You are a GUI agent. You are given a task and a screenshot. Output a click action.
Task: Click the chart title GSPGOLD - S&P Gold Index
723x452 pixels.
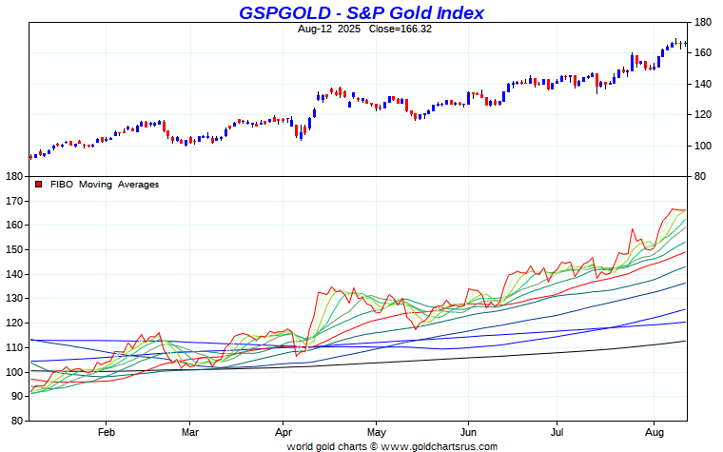coord(361,12)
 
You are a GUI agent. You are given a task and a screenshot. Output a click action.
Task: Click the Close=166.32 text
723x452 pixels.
coord(390,29)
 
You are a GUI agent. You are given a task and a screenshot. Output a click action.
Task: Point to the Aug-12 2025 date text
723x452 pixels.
coord(326,29)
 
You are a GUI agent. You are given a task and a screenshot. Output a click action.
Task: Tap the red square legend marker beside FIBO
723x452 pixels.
coord(38,185)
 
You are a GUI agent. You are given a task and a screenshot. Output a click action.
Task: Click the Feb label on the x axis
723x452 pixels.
coord(105,430)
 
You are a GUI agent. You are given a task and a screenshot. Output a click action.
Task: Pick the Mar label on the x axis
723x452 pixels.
coord(189,430)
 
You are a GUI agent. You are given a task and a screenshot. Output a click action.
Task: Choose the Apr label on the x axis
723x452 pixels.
coord(283,430)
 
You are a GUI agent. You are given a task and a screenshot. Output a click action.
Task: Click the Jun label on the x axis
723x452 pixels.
coord(468,430)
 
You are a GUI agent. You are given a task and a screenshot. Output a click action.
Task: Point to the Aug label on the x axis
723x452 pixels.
coord(655,430)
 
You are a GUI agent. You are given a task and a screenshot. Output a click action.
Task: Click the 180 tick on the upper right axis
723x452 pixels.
coord(703,22)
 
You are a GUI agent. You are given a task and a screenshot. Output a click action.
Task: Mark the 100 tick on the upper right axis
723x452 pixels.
coord(703,146)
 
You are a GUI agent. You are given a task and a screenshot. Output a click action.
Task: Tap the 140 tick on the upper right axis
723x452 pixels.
coord(703,84)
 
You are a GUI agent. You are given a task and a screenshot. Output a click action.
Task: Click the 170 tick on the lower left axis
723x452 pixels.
coord(14,201)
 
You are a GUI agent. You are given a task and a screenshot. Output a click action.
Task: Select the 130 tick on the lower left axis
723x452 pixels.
coord(14,299)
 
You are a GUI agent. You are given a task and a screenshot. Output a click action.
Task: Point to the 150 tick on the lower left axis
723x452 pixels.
coord(14,249)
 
